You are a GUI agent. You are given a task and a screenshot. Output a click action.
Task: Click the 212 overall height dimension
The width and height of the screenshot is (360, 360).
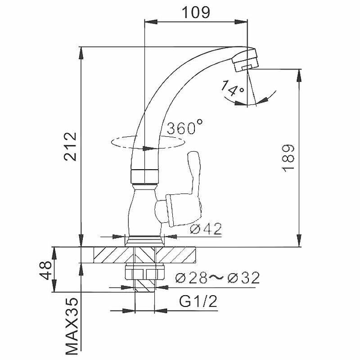(70, 147)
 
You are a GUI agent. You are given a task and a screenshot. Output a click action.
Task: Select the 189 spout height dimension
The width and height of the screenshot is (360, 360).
(288, 158)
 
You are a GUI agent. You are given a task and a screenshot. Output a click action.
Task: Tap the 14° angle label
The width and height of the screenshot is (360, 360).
(232, 88)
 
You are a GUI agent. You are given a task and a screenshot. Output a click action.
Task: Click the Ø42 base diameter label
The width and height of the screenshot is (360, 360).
(206, 229)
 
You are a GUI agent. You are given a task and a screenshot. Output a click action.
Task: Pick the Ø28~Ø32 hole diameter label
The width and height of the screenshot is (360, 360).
(217, 278)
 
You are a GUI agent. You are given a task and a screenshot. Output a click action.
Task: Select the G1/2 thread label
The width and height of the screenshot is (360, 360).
(198, 301)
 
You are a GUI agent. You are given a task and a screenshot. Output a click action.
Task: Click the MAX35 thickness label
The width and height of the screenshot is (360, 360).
(72, 326)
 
